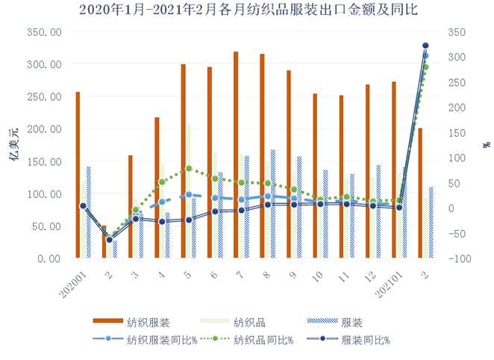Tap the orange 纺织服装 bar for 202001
pos(78,175)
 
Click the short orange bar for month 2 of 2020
pos(104,241)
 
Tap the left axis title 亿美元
pos(13,146)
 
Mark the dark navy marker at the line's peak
pos(425,46)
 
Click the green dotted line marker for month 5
pos(189,169)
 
